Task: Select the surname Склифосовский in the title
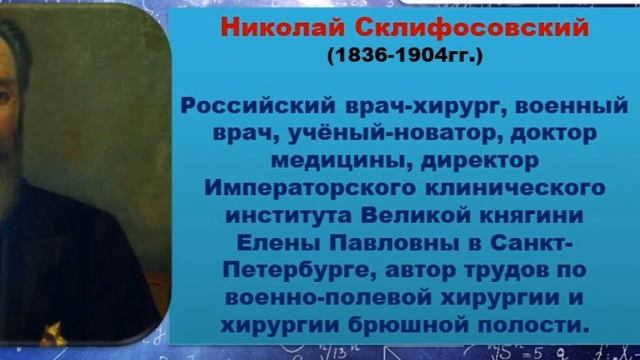click(x=409, y=28)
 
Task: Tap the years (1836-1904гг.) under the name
click(x=404, y=56)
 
